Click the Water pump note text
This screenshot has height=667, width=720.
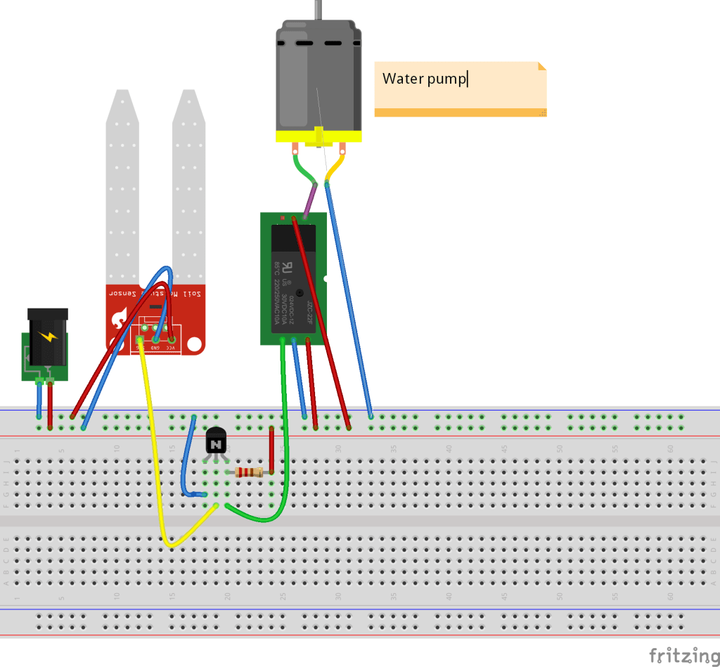[x=424, y=79]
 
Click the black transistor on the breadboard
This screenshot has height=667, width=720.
[x=216, y=443]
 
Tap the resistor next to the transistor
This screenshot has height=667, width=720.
[x=250, y=472]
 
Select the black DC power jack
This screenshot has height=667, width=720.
[x=48, y=336]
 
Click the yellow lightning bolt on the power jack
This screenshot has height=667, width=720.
[x=49, y=336]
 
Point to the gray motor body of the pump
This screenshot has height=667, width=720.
[x=319, y=77]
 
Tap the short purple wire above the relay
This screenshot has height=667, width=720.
[x=309, y=200]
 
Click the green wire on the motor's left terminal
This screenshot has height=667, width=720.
[x=302, y=169]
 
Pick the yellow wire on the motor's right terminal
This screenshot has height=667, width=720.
[x=335, y=167]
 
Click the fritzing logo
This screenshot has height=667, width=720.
[x=679, y=655]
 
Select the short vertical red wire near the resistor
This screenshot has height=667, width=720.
[x=272, y=450]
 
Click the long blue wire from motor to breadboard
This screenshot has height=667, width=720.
[x=348, y=295]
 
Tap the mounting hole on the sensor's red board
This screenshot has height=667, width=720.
[x=195, y=345]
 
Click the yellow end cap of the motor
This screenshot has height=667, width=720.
[x=319, y=137]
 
